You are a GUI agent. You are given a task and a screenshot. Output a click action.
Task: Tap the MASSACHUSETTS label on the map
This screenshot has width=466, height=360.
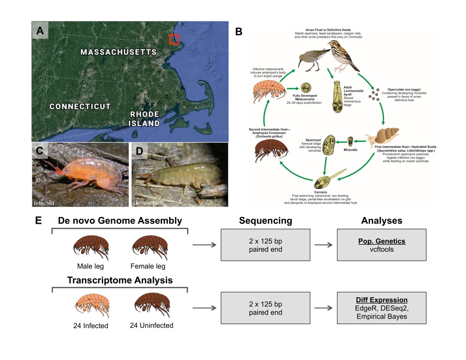[118, 52]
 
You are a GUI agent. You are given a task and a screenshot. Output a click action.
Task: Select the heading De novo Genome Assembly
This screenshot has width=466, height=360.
[120, 221]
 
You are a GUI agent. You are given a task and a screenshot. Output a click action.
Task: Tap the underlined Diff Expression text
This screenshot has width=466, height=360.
[381, 300]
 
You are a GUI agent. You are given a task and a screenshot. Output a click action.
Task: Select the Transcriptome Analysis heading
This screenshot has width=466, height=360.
[120, 280]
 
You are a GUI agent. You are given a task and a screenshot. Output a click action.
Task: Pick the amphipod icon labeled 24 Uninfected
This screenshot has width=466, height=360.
[152, 306]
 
